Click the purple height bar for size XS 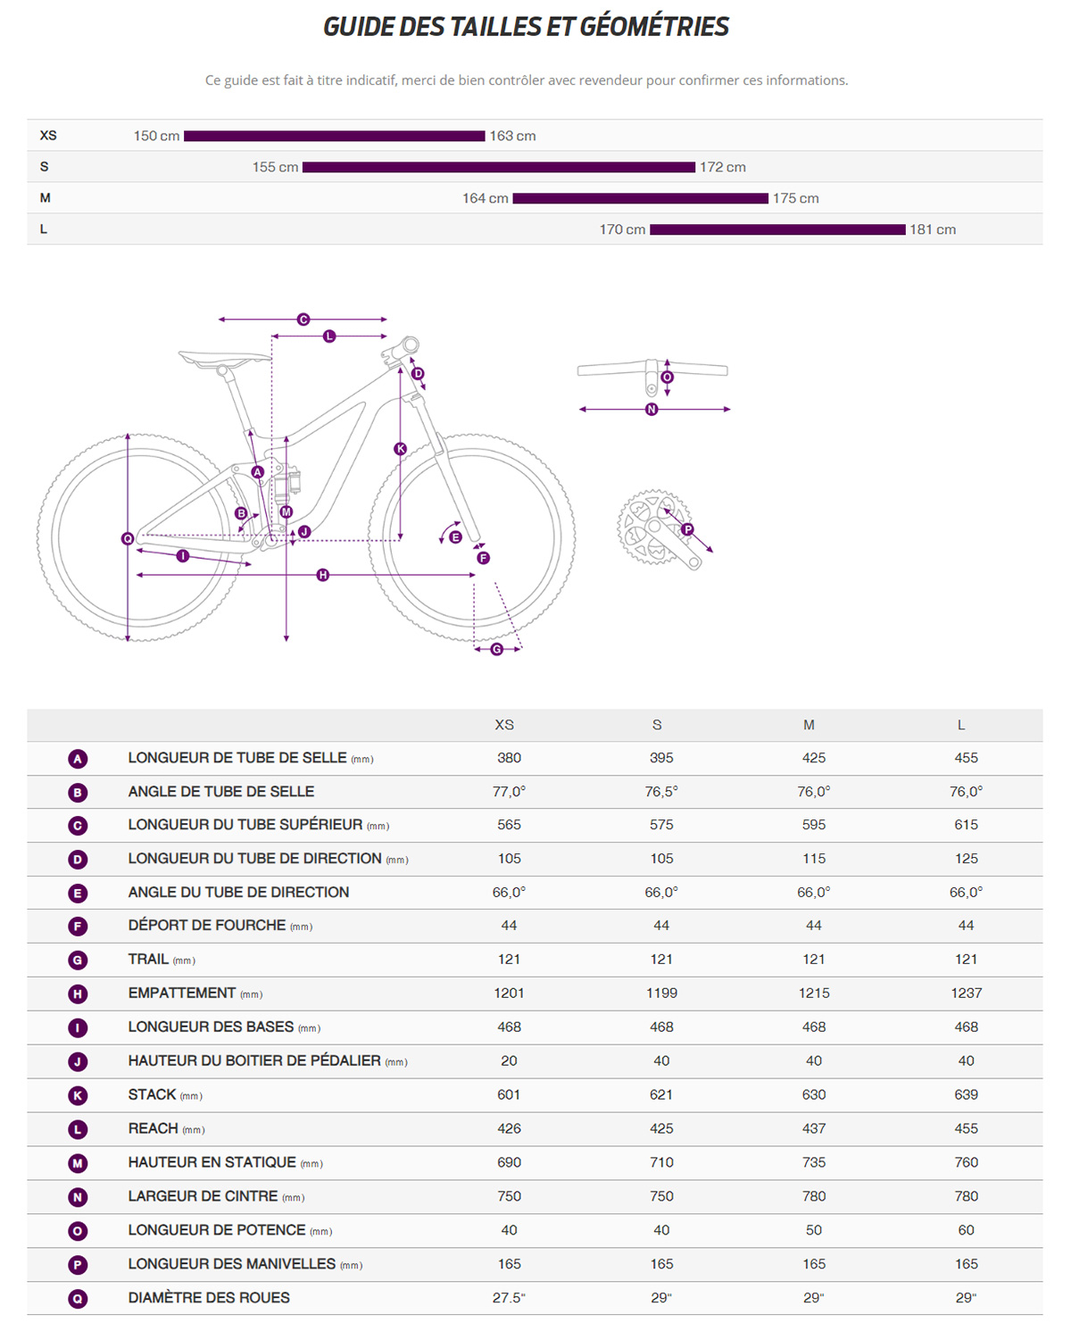pyautogui.click(x=334, y=136)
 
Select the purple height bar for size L pyautogui.click(x=777, y=229)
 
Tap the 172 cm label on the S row pyautogui.click(x=722, y=167)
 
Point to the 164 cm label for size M pyautogui.click(x=485, y=198)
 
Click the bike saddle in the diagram pyautogui.click(x=223, y=359)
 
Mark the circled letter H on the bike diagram pyautogui.click(x=323, y=575)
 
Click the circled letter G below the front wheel pyautogui.click(x=496, y=649)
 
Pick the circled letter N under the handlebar pyautogui.click(x=652, y=409)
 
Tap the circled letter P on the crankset pyautogui.click(x=687, y=529)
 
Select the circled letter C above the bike pyautogui.click(x=303, y=319)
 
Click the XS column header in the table pyautogui.click(x=504, y=725)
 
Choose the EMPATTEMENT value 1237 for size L pyautogui.click(x=966, y=993)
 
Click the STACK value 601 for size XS pyautogui.click(x=509, y=1094)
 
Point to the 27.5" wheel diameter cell pyautogui.click(x=509, y=1298)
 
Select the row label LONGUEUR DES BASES pyautogui.click(x=211, y=1027)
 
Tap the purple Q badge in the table pyautogui.click(x=78, y=1299)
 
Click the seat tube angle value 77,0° pyautogui.click(x=509, y=792)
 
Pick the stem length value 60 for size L pyautogui.click(x=966, y=1230)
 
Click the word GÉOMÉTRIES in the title pyautogui.click(x=653, y=27)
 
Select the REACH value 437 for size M pyautogui.click(x=813, y=1128)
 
